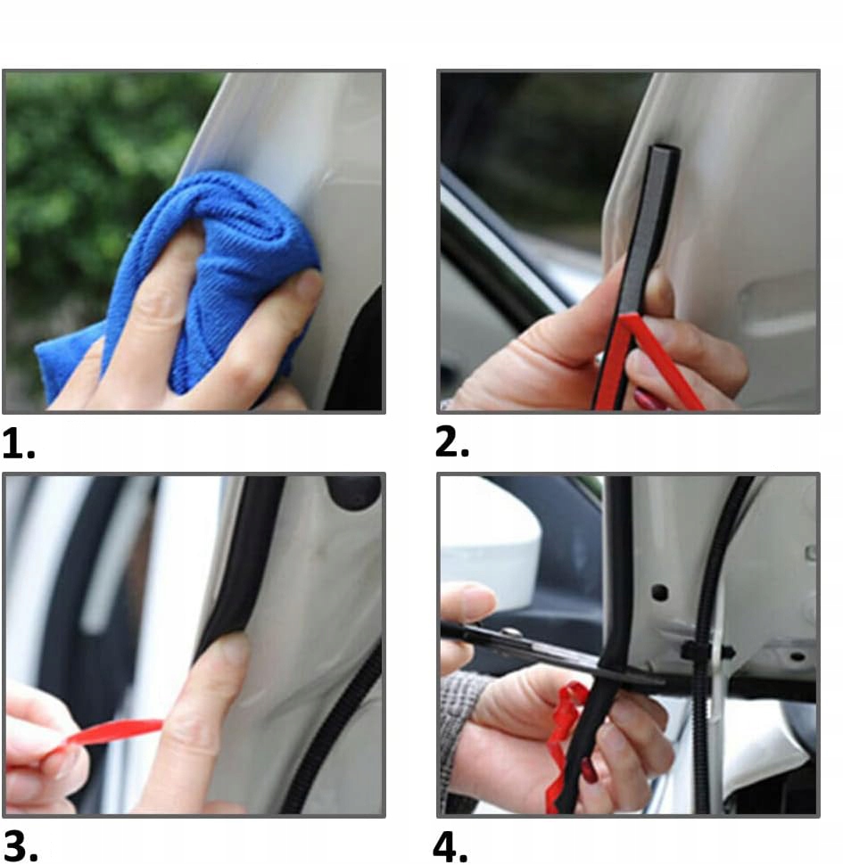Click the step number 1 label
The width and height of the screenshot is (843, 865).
click(18, 444)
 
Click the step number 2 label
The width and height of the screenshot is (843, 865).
click(451, 442)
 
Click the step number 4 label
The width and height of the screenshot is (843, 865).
click(450, 847)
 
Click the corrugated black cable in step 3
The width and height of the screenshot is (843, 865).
click(331, 734)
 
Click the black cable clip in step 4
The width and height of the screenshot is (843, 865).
click(707, 652)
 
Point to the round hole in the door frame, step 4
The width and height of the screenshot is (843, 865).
click(660, 593)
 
